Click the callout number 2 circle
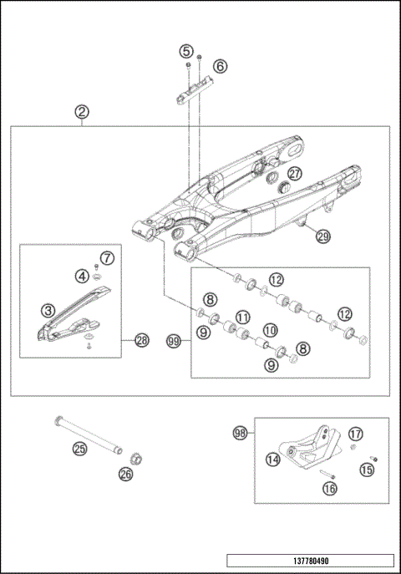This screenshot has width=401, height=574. click(81, 111)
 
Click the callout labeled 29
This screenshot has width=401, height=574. click(322, 236)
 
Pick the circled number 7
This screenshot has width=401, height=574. click(107, 257)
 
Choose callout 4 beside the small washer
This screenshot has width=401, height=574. click(83, 275)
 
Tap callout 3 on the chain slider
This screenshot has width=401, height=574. click(49, 310)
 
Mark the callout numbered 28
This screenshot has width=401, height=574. click(141, 340)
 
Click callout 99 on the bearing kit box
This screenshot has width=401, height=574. click(173, 341)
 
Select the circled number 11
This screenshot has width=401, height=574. click(243, 317)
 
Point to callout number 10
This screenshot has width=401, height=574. click(271, 332)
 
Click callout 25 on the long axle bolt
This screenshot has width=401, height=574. click(79, 449)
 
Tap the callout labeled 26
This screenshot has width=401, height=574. click(126, 475)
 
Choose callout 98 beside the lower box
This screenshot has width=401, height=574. click(240, 433)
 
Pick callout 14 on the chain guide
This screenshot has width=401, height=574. click(272, 459)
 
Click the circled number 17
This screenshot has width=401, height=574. click(356, 434)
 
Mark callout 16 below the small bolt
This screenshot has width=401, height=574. click(329, 487)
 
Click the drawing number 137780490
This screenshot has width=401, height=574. click(309, 561)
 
